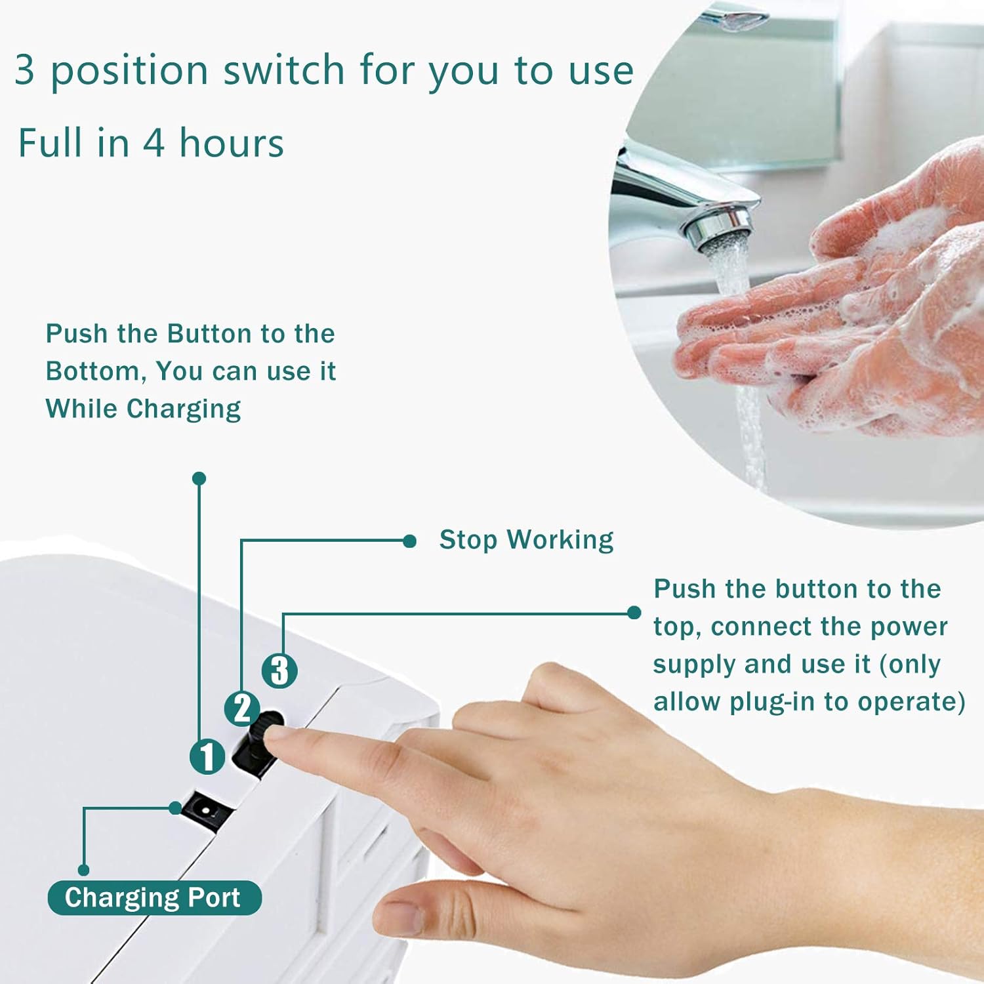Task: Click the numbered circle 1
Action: (x=207, y=756)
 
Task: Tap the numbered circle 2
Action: (x=242, y=708)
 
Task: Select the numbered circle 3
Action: (x=279, y=670)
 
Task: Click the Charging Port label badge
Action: (x=155, y=897)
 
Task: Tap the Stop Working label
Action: (x=526, y=541)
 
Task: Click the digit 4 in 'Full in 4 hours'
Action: (x=154, y=144)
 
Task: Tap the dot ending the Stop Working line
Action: (x=409, y=541)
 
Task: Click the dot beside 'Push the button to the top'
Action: (x=634, y=613)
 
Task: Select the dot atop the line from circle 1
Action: (x=199, y=479)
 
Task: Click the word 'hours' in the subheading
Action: (x=232, y=143)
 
